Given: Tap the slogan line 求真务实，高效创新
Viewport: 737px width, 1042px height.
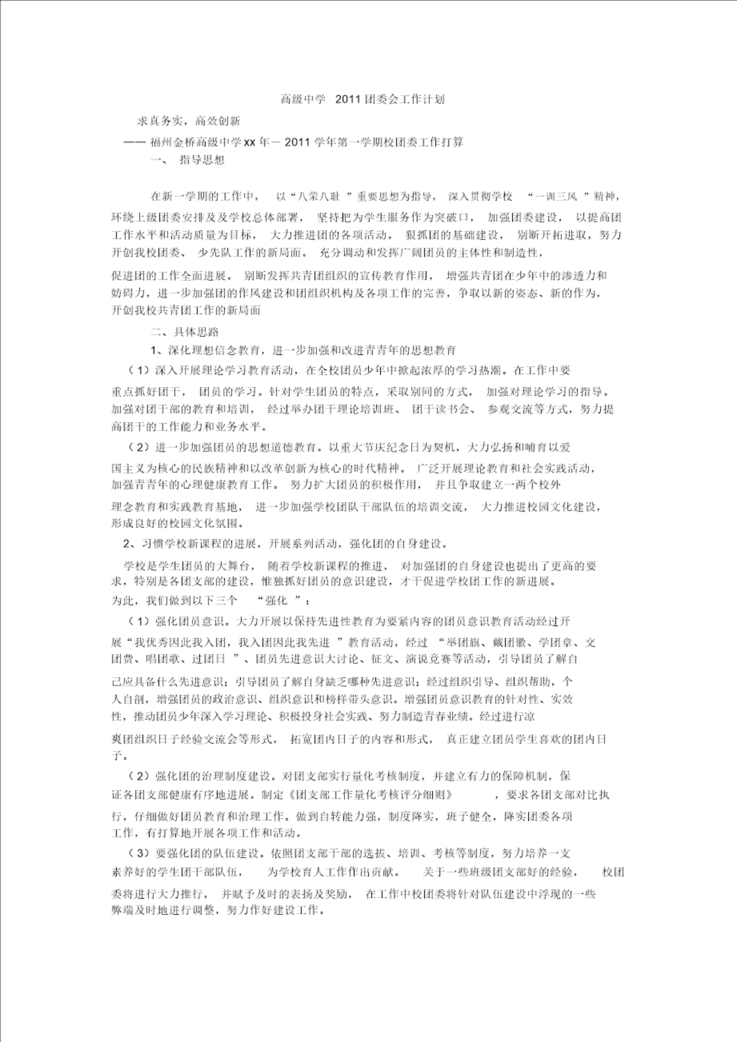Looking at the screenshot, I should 189,121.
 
